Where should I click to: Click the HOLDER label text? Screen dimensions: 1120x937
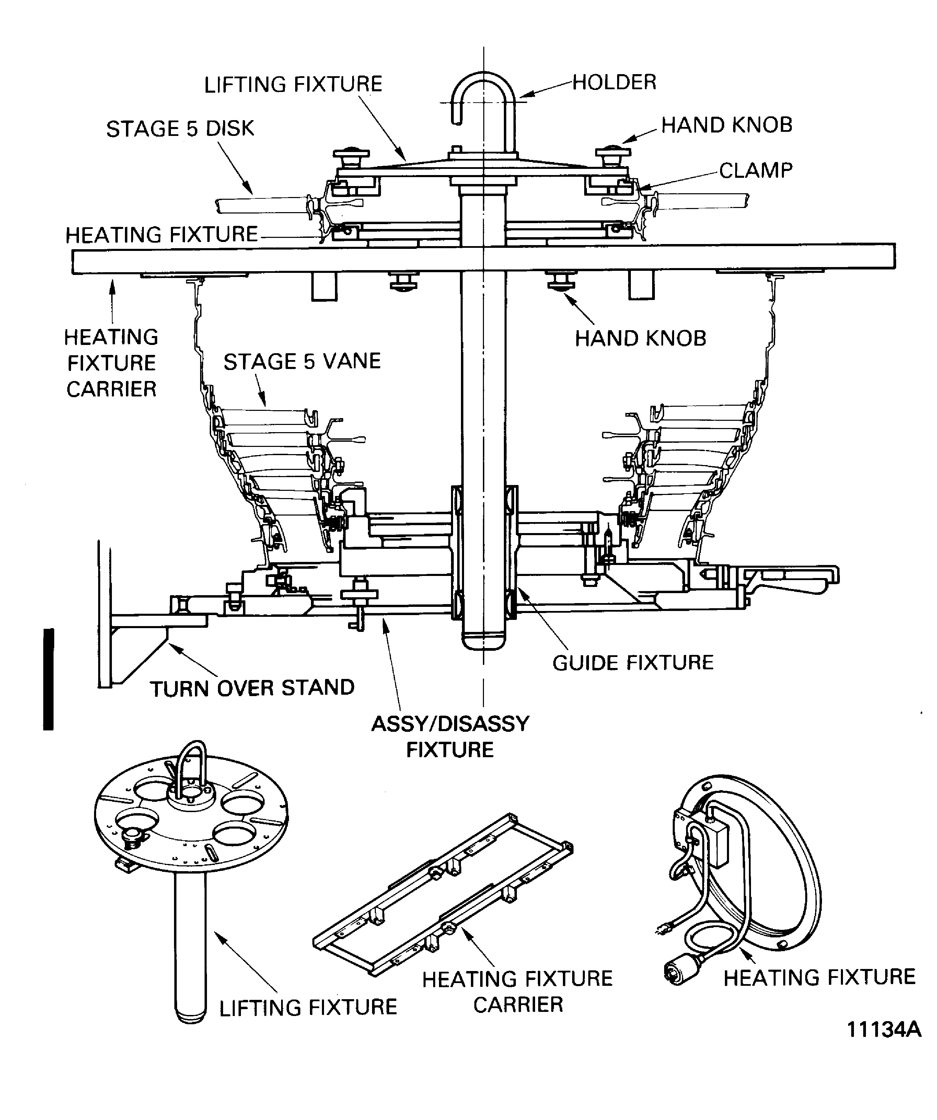pos(614,83)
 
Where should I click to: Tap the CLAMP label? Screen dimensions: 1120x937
pos(755,171)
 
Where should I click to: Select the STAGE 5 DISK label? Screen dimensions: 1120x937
pos(180,129)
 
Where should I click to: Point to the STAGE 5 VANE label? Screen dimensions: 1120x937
pos(302,361)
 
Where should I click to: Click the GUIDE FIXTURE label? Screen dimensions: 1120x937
pos(633,662)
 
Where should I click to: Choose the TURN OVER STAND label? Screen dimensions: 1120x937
pos(252,688)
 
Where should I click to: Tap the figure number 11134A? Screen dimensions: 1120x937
pos(884,1044)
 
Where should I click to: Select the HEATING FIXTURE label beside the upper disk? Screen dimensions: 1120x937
pos(162,235)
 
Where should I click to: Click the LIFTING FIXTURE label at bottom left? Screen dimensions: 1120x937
pos(308,1007)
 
